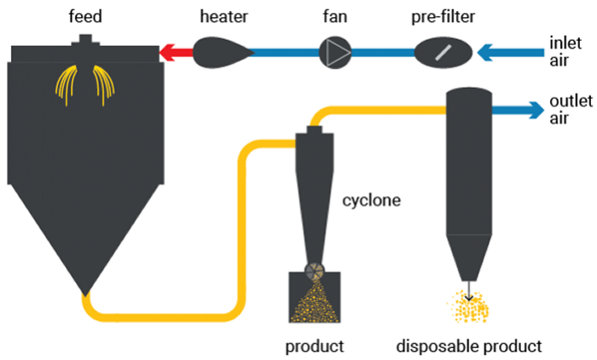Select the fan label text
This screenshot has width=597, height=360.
tap(334, 15)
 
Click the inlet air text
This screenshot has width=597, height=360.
tap(565, 50)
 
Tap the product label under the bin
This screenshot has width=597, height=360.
tap(316, 346)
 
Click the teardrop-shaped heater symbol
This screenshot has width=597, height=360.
tap(220, 53)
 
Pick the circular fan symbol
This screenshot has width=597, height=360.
tap(335, 53)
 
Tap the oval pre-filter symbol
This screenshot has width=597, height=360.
tap(443, 53)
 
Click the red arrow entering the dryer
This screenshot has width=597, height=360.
tap(176, 53)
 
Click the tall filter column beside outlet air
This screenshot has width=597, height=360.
tap(469, 162)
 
